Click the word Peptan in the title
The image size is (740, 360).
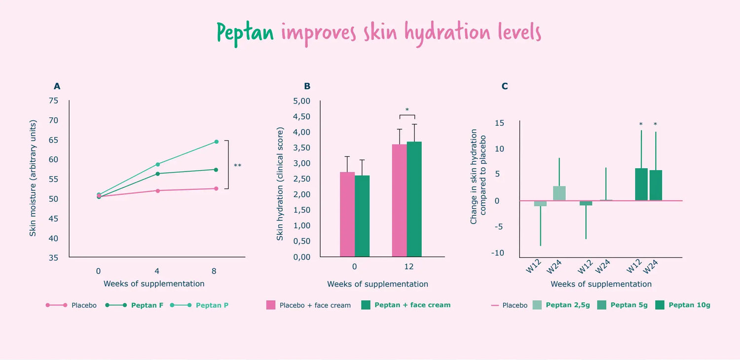[245, 33]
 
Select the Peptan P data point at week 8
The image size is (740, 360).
[216, 142]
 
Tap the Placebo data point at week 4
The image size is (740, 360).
[157, 190]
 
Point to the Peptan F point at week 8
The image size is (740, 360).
[216, 170]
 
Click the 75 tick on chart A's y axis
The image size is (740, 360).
[53, 101]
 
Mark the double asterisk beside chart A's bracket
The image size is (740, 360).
[237, 166]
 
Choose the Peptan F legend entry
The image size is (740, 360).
[147, 305]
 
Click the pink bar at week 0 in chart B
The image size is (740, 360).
[347, 214]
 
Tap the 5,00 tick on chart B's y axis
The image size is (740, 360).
[301, 101]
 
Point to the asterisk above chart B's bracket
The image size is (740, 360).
[407, 110]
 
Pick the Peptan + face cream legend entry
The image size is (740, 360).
[412, 305]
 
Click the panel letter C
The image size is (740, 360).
[505, 86]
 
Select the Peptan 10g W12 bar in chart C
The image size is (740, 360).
[641, 184]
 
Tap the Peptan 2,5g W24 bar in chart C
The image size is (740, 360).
[559, 193]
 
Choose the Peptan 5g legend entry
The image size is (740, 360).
[629, 305]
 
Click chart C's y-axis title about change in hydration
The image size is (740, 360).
[478, 177]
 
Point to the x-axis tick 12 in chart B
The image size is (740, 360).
[408, 267]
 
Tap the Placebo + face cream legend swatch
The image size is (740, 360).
[271, 305]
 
